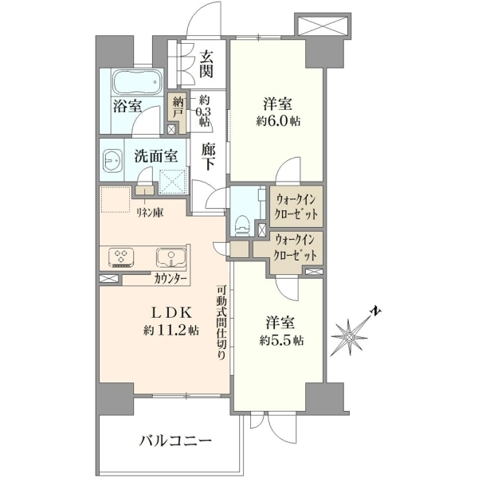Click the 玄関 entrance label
pos(206,64)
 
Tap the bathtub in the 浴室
pos(137,82)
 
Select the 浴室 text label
pos(127,105)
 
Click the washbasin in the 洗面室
pos(113,160)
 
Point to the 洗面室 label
pos(156,156)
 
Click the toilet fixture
pos(243,225)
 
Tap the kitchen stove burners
pos(121,257)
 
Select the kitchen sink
pos(171,258)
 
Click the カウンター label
pos(170,278)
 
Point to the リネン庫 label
pos(150,213)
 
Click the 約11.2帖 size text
pos(171,330)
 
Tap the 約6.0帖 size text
pos(278,121)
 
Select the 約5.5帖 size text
pos(281,340)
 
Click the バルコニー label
pos(175,441)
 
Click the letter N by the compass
pos(375,311)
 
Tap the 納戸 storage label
pos(178,108)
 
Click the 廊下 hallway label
pos(209,157)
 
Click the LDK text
pos(171,313)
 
